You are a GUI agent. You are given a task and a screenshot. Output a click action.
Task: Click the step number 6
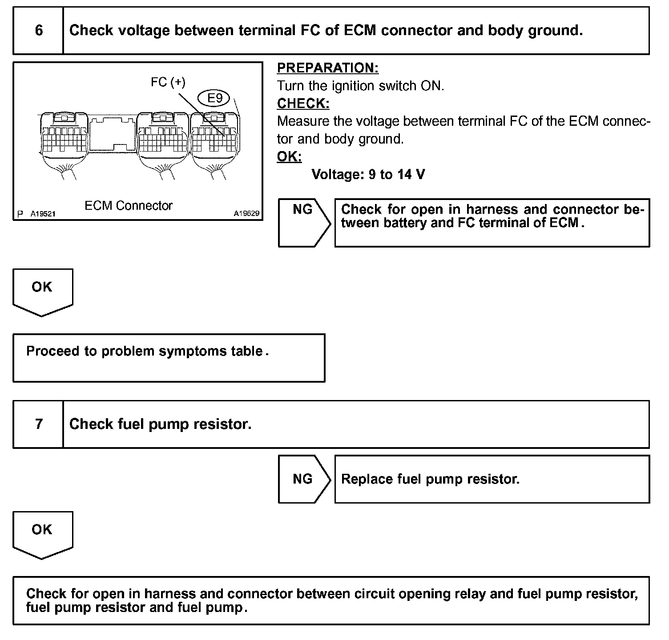tap(39, 31)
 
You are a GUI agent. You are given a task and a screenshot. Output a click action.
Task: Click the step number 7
tap(39, 424)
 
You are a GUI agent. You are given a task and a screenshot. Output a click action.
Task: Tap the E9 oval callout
tap(215, 98)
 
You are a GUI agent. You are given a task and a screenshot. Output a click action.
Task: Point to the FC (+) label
tap(168, 82)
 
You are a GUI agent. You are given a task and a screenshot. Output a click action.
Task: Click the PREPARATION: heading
tap(327, 68)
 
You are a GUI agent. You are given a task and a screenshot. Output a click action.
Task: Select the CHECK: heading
tap(303, 104)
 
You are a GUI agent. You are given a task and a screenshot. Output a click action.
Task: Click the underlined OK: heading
tap(289, 157)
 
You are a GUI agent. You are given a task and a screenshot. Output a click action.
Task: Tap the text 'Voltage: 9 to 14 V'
tap(368, 175)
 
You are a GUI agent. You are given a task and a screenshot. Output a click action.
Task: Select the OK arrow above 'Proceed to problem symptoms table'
tap(42, 291)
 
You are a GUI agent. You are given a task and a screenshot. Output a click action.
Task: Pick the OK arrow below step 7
tap(42, 534)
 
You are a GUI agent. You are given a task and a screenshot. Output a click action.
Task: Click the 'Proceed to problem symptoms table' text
tap(147, 351)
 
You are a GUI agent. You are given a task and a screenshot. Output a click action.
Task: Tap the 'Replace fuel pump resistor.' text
tap(430, 479)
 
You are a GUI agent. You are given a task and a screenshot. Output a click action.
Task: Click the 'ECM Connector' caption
tap(129, 206)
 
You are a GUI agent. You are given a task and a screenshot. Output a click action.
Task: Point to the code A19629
tap(246, 214)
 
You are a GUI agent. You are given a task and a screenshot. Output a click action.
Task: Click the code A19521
tap(43, 214)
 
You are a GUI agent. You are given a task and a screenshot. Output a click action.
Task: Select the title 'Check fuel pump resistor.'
tap(160, 424)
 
